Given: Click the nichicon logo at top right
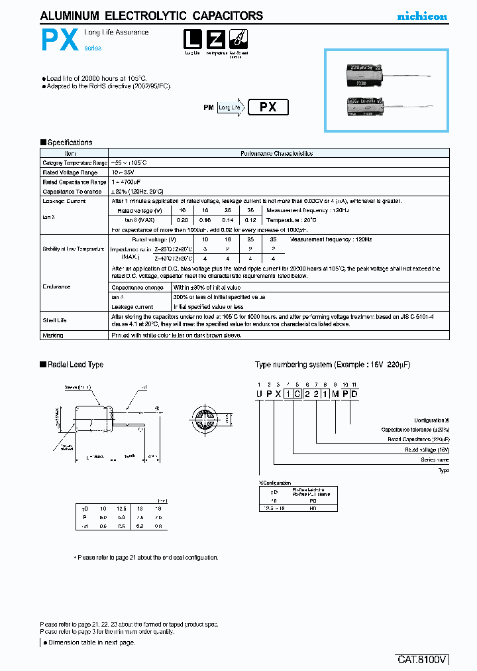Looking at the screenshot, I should pyautogui.click(x=421, y=17).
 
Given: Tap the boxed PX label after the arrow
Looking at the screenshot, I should pyautogui.click(x=268, y=107).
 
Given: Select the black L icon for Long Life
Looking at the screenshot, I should pyautogui.click(x=193, y=40).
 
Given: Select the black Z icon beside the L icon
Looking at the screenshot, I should pyautogui.click(x=215, y=40).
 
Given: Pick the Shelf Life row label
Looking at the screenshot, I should pyautogui.click(x=55, y=320).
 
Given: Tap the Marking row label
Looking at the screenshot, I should pyautogui.click(x=53, y=335).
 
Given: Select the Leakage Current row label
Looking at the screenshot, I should pyautogui.click(x=64, y=201).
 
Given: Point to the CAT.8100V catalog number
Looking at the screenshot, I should pyautogui.click(x=423, y=660).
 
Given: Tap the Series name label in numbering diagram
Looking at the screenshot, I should pyautogui.click(x=435, y=459).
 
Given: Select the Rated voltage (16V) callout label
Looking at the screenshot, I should pyautogui.click(x=427, y=450).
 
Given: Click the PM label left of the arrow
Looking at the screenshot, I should pyautogui.click(x=208, y=107).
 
